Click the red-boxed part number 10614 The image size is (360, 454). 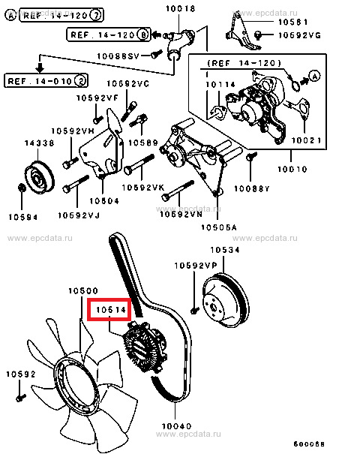(x=111, y=310)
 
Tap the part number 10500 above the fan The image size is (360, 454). (x=83, y=290)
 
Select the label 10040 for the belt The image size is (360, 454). (x=176, y=426)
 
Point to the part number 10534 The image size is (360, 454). (x=225, y=250)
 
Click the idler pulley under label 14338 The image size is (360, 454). (x=39, y=178)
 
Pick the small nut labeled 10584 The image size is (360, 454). (x=22, y=188)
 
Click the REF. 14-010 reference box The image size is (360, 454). (x=46, y=81)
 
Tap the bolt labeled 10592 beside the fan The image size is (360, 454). (x=21, y=397)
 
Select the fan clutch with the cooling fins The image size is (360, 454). (x=145, y=347)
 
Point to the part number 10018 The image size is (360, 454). (x=180, y=8)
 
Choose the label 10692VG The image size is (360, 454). (x=299, y=35)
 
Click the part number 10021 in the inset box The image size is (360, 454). (x=306, y=140)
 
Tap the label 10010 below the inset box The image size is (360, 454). (x=292, y=169)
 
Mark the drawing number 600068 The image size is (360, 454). (x=309, y=443)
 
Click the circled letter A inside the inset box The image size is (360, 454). (x=314, y=76)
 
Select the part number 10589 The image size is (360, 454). (x=143, y=143)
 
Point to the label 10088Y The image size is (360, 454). (x=251, y=189)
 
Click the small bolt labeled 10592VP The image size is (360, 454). (x=194, y=311)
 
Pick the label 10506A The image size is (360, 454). (x=219, y=227)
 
